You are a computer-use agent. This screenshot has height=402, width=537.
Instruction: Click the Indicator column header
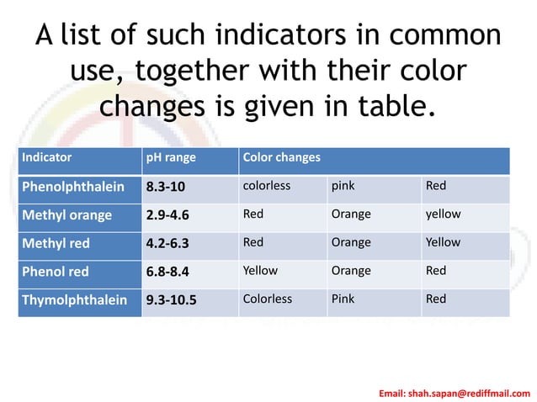pos(46,157)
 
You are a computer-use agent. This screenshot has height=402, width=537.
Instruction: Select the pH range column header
pos(167,157)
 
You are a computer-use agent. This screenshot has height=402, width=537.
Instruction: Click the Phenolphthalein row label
pos(72,186)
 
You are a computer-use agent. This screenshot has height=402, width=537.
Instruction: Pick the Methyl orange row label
pos(66,214)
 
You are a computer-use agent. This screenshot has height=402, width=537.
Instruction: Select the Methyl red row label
pos(56,243)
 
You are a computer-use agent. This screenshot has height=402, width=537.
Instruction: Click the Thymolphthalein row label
pos(74,299)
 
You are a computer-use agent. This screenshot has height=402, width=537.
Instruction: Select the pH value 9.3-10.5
pos(171,299)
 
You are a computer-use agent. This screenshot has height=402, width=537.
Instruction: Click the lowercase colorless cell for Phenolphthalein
pos(267,185)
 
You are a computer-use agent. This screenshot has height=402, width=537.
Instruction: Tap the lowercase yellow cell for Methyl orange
pos(443,214)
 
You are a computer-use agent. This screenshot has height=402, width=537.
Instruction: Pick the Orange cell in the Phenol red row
pos(351,271)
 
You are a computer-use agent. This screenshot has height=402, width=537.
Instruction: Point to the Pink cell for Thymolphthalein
pos(343,299)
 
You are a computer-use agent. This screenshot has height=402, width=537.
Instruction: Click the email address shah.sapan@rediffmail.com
pos(455,393)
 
